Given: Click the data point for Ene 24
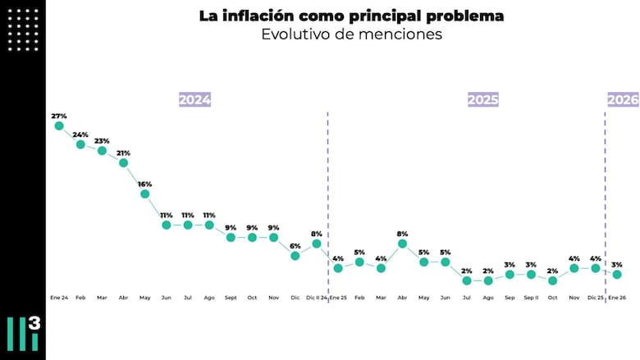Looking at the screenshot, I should pos(59,125).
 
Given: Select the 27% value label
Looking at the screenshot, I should pos(59,116).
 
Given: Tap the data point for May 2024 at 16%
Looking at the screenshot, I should pos(145,194).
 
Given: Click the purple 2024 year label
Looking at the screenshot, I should pos(195,99).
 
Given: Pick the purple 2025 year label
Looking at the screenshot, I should pos(483,99).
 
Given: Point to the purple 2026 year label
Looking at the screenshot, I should pos(623,99).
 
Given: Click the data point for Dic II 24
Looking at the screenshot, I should pos(317,244).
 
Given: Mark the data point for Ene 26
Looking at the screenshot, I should pos(617,275).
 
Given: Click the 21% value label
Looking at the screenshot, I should pos(123,153).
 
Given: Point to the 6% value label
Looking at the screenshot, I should pos(295,246).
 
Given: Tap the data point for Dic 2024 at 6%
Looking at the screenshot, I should pos(295,256).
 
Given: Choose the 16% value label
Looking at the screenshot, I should pos(145,184).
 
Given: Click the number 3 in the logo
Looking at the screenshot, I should pos(34,323).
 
